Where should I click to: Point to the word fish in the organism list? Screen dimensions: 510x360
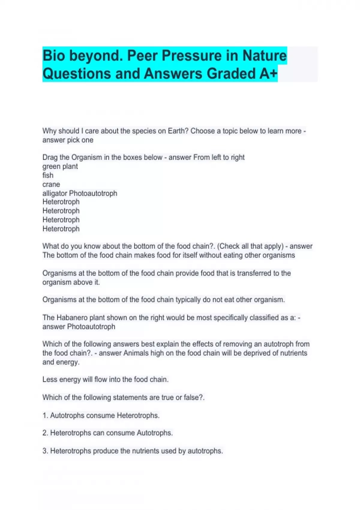[x=48, y=175]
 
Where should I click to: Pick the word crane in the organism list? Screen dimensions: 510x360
[x=51, y=184]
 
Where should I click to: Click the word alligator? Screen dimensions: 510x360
[x=55, y=193]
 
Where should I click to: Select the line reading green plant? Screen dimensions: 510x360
[x=60, y=166]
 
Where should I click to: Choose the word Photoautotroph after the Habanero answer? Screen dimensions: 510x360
[x=91, y=327]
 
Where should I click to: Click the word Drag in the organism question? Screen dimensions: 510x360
[x=50, y=157]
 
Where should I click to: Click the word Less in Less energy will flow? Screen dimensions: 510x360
[x=50, y=379]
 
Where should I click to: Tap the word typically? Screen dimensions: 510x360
[x=188, y=300]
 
